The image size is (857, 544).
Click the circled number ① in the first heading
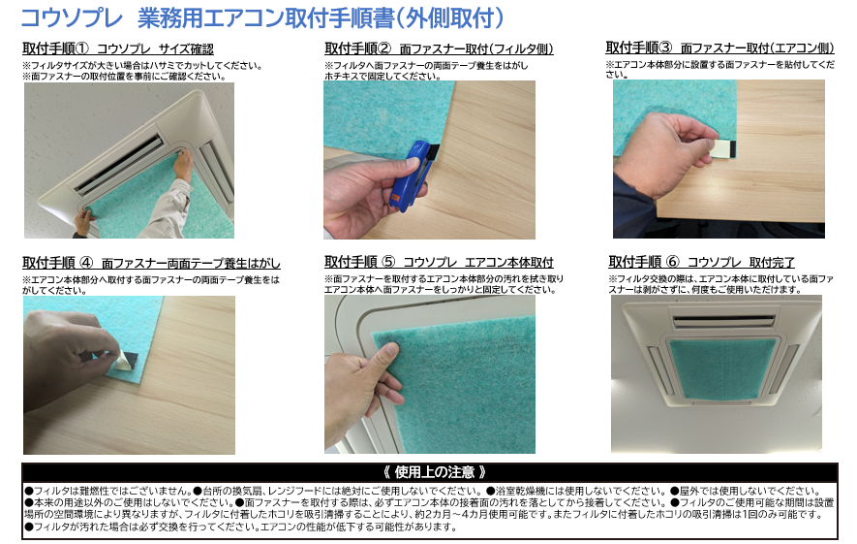click(81, 48)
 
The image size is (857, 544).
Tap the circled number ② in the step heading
click(384, 48)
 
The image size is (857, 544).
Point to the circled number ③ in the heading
click(665, 48)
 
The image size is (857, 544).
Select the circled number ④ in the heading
click(86, 263)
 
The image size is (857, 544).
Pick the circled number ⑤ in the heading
click(388, 262)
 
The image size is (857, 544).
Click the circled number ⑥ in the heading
click(672, 262)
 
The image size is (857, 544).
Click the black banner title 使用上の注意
click(434, 472)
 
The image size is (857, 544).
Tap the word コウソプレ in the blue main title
click(72, 17)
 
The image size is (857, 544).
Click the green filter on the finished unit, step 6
click(722, 368)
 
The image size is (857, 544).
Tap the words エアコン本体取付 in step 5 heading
click(508, 262)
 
